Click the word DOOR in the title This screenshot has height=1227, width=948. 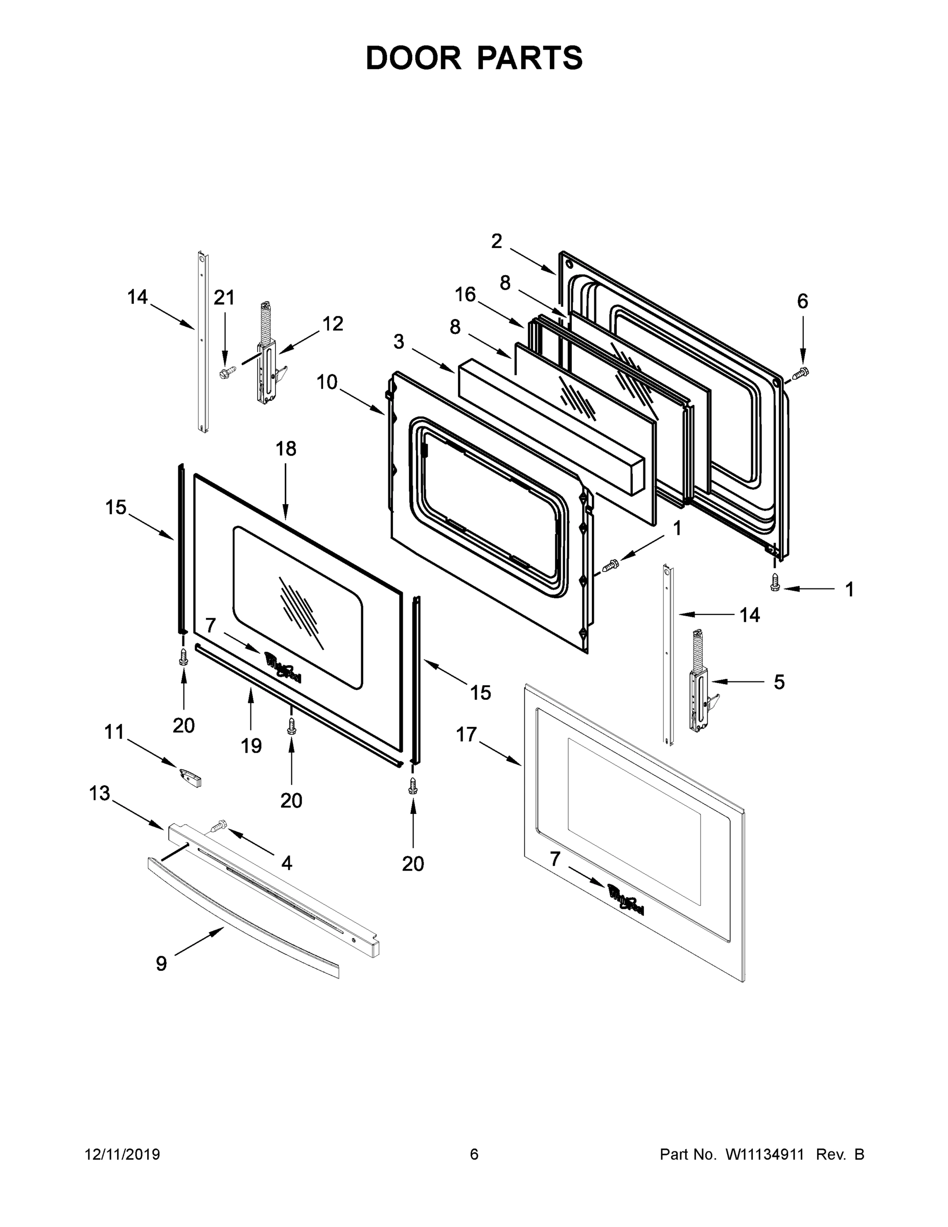(413, 58)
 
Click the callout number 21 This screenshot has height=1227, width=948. (224, 298)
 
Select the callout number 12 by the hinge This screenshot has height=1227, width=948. (333, 324)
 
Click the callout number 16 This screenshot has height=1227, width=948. (465, 294)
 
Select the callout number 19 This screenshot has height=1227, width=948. (251, 745)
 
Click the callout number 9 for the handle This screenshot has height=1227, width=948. (161, 964)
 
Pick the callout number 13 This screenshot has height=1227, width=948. (100, 793)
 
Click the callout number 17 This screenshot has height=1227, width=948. (466, 734)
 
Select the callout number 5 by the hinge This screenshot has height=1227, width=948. (779, 682)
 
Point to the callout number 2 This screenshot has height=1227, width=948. (496, 241)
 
